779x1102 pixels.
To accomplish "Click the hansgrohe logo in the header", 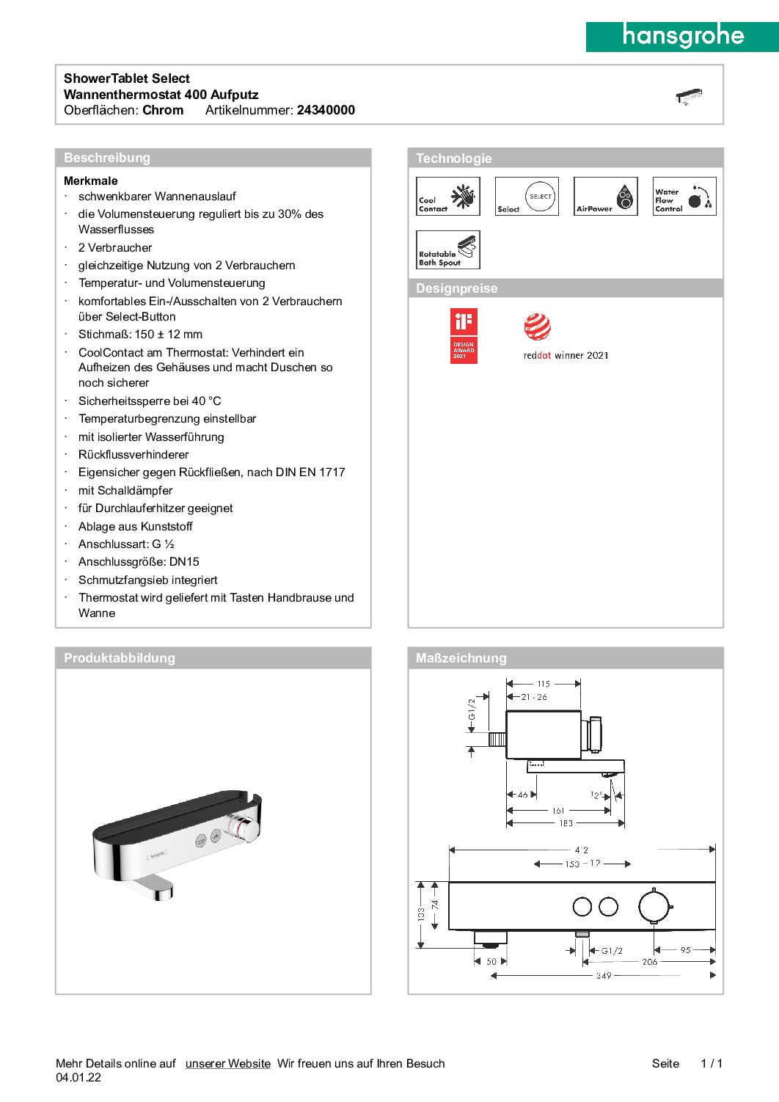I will pos(682,36).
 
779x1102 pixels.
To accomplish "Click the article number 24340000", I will pos(326,110).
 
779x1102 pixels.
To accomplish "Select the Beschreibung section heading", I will pos(107,158).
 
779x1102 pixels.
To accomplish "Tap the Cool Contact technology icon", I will pos(448,197).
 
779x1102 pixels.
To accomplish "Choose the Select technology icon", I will pos(527,197).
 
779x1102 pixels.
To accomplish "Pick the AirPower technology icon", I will pos(605,197).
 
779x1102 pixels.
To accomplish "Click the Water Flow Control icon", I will pos(684,197).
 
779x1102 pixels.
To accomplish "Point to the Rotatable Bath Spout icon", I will pos(448,250).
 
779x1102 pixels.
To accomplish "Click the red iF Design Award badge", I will pos(464,336).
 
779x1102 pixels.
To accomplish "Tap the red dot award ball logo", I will pos(538,326).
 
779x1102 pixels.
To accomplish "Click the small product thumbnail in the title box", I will pos(689,96).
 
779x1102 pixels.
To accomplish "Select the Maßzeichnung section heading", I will pos(461,658).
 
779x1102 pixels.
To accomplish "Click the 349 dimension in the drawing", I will pos(604,976).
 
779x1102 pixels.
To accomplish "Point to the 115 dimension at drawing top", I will pos(544,684).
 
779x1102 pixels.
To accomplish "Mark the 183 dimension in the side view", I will pos(566,823).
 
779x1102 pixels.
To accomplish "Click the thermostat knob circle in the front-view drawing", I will pos(654,906).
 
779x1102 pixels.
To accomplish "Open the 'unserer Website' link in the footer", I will pos(228,1064).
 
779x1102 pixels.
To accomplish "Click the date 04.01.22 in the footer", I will pos(78,1078).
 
